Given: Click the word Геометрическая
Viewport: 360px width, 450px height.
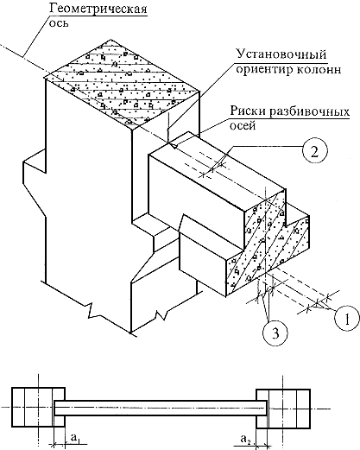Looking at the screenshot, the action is click(x=98, y=9).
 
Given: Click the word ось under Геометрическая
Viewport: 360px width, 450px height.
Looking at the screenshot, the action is click(x=59, y=23).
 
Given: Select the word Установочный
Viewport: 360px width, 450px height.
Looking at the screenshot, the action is click(x=281, y=54).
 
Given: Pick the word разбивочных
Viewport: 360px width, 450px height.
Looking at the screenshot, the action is click(x=309, y=111).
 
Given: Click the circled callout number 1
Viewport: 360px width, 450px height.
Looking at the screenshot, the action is click(x=347, y=319).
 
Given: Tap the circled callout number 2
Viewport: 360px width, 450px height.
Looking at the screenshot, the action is click(x=315, y=151).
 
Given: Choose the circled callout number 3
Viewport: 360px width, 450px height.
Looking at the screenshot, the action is click(x=275, y=333).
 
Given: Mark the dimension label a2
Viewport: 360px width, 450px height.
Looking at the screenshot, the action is click(x=244, y=439).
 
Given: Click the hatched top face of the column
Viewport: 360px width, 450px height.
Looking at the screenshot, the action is click(x=123, y=84).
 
